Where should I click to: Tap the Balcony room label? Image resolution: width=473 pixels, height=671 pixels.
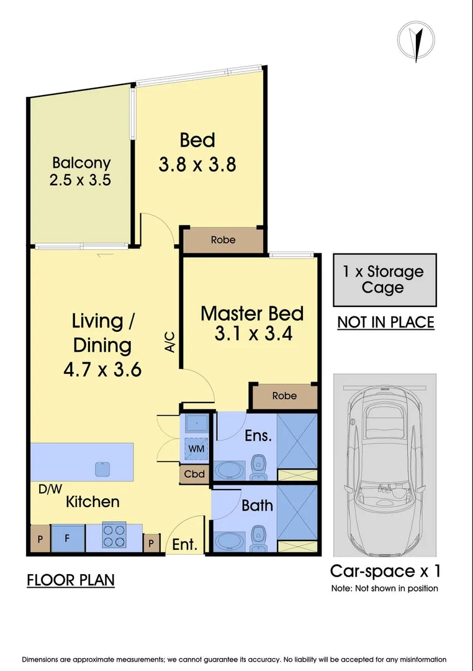tap(81, 163)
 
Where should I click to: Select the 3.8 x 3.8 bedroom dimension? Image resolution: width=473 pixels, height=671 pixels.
tap(197, 164)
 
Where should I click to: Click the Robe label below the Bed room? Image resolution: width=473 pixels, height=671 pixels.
tap(223, 240)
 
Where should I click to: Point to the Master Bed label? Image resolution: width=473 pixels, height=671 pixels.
tap(252, 314)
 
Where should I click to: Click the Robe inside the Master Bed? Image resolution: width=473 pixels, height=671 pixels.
tap(284, 396)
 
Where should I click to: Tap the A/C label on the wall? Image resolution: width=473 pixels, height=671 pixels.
tap(170, 342)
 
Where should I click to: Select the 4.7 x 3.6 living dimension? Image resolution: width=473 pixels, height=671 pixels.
tap(102, 369)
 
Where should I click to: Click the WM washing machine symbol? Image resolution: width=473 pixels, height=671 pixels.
tap(197, 449)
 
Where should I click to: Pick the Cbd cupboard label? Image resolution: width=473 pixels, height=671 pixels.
tap(194, 474)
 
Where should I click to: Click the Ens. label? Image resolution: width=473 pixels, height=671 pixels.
tap(258, 436)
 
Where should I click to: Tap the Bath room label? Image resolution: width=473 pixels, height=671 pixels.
tap(257, 505)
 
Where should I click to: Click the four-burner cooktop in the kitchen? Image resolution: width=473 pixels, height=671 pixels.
tap(114, 536)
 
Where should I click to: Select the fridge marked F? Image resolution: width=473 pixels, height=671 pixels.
tap(68, 538)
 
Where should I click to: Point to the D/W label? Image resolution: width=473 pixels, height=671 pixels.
tap(50, 489)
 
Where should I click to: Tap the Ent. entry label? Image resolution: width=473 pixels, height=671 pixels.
tap(185, 544)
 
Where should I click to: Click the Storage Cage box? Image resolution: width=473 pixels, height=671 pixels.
tap(384, 280)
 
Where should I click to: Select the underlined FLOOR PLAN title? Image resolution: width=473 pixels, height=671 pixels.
tap(71, 580)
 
